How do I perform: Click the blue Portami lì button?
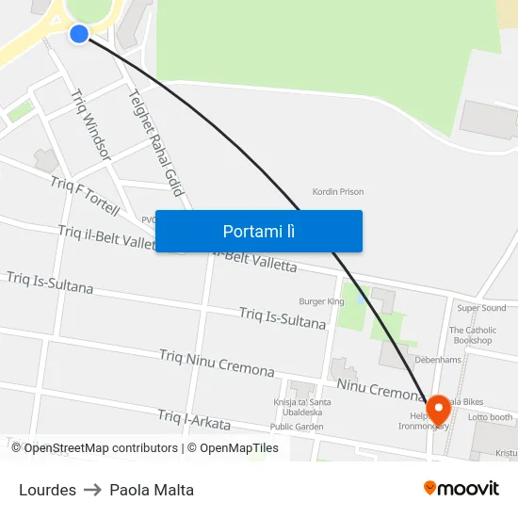click(x=258, y=231)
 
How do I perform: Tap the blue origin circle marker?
click(x=79, y=34)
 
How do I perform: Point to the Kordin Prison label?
click(x=338, y=192)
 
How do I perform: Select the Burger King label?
click(x=321, y=301)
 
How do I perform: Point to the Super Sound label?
click(x=481, y=308)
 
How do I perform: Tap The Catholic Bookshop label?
click(x=472, y=335)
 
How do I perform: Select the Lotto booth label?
click(x=490, y=417)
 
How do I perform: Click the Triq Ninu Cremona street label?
click(x=217, y=364)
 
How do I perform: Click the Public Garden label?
click(x=296, y=426)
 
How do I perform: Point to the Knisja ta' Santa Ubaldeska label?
click(x=298, y=406)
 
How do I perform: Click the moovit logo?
click(x=461, y=488)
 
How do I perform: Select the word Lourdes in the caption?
click(x=47, y=490)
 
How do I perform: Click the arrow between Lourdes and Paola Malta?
click(x=92, y=490)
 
